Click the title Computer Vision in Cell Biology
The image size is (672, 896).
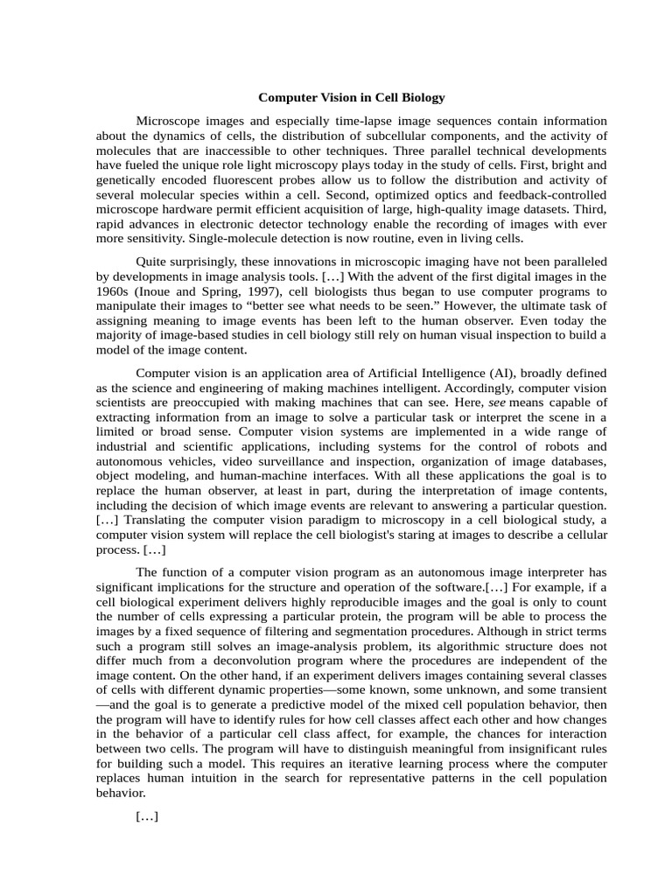pyautogui.click(x=351, y=98)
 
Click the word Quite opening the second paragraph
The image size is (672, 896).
pyautogui.click(x=151, y=262)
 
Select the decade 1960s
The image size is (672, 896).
pyautogui.click(x=114, y=291)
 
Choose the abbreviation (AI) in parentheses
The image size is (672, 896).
pyautogui.click(x=557, y=373)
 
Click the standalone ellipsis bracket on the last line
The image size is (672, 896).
pyautogui.click(x=147, y=816)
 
